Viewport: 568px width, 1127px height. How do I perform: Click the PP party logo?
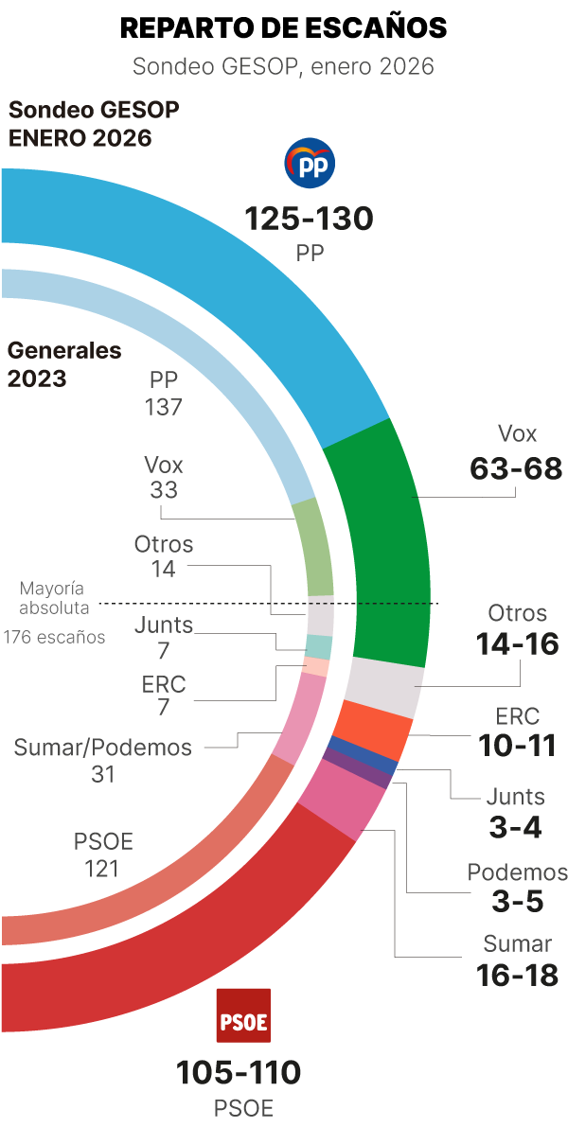[310, 165]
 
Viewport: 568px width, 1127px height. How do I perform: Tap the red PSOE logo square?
[243, 1015]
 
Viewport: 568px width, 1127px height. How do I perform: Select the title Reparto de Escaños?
[284, 28]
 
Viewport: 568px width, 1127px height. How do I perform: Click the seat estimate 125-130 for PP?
[310, 220]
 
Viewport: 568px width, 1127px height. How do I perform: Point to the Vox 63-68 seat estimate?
[516, 467]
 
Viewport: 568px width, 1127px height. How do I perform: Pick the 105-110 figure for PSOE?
[239, 1073]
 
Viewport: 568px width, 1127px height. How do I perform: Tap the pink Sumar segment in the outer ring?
[341, 800]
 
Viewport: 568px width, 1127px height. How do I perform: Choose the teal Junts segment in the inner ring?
[319, 646]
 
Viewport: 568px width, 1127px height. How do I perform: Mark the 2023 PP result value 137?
[163, 407]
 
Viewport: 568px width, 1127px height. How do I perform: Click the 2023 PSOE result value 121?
[103, 868]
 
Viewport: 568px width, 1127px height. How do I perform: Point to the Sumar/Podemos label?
[102, 748]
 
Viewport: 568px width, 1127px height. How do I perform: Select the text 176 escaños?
[54, 637]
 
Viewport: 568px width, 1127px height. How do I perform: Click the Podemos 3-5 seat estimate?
[517, 902]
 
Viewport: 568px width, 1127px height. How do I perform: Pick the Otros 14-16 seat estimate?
[517, 644]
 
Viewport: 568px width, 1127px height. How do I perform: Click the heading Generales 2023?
[64, 364]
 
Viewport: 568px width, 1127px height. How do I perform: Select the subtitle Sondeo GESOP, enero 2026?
[284, 66]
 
